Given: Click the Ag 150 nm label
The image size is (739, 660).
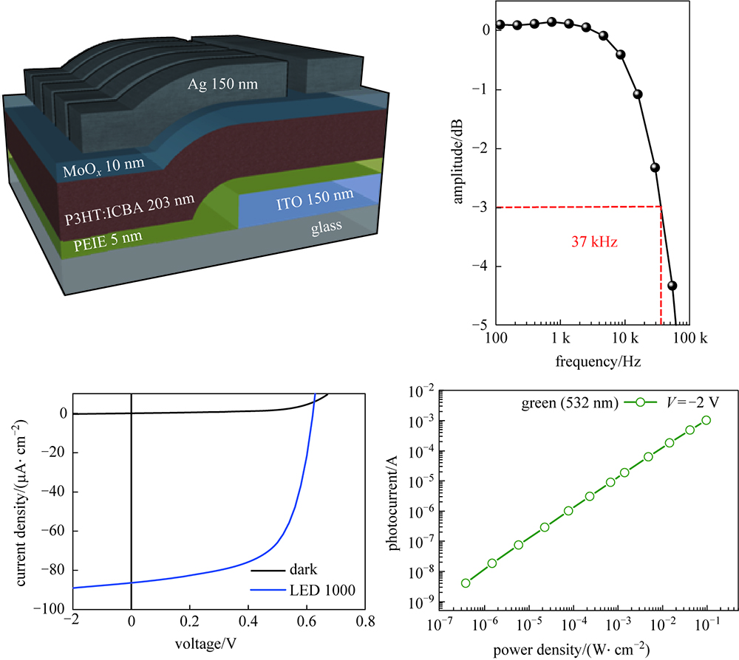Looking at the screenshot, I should click(222, 84).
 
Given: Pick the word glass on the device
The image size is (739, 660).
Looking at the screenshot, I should click(326, 225).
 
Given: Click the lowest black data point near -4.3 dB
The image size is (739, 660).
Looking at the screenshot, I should click(672, 286).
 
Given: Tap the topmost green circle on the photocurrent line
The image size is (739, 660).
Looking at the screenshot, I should click(706, 420).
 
